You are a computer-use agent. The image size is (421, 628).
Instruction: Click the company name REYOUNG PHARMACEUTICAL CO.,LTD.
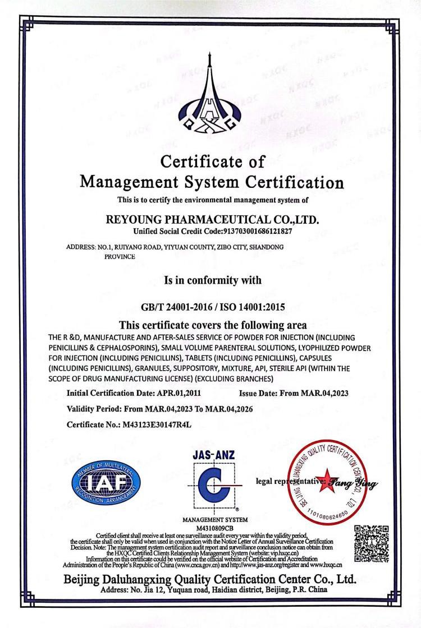(212, 219)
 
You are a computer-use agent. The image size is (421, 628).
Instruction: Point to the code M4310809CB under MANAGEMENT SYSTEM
(211, 527)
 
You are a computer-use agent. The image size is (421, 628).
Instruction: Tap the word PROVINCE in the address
(120, 256)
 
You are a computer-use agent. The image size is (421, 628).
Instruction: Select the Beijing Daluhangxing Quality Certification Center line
(210, 579)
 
